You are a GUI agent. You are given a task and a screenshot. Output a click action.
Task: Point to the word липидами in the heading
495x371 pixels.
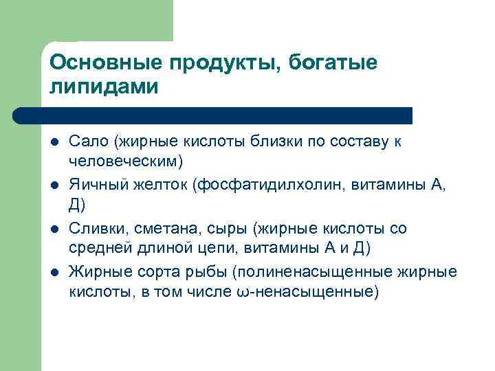coord(104,87)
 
